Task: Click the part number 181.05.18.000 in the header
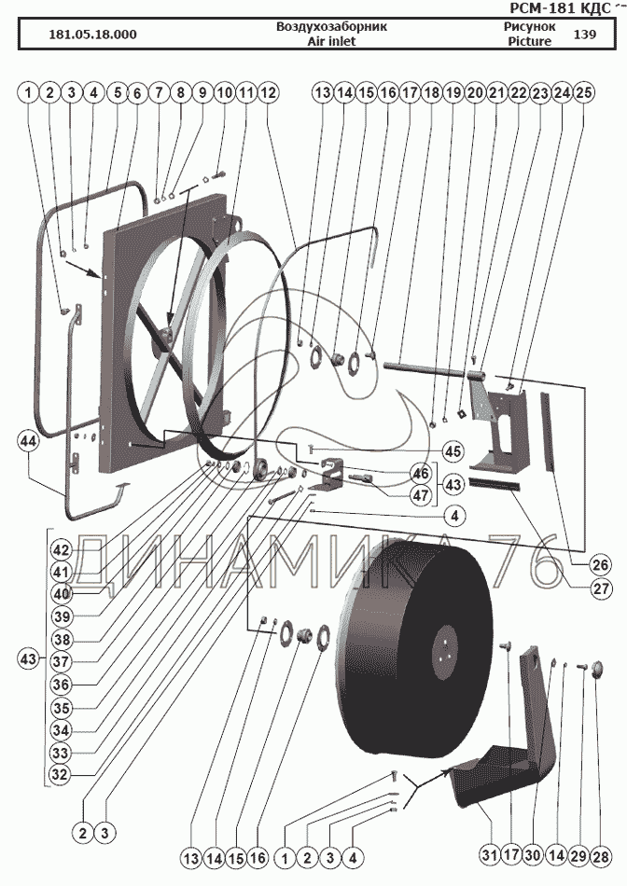91,35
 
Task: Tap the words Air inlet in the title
331,41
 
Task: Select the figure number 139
585,35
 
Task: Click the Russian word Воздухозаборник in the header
331,27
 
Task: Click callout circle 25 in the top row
584,93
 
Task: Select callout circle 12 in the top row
268,93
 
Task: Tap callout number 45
453,451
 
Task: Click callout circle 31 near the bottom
490,855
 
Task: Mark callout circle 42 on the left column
61,549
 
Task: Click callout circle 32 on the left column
61,773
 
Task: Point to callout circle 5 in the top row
116,93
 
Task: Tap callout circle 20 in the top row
474,93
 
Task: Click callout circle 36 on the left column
61,684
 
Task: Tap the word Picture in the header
529,41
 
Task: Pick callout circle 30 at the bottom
533,855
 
